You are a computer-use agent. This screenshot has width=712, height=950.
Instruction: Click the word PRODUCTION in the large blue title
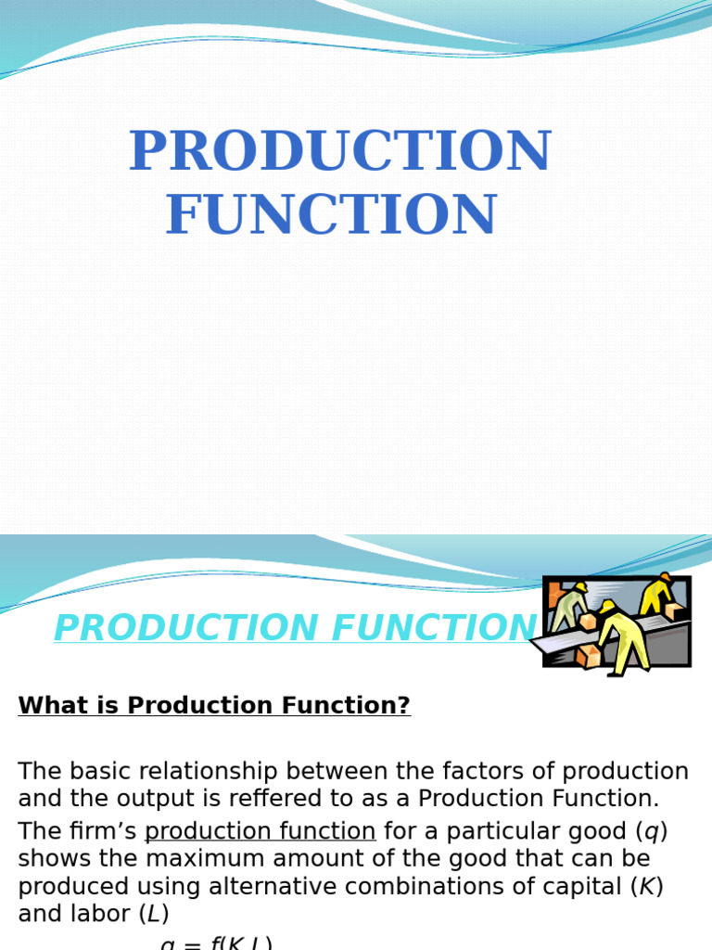[339, 152]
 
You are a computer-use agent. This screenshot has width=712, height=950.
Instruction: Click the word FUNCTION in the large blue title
[332, 215]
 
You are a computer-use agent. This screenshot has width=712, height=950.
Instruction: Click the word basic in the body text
[94, 772]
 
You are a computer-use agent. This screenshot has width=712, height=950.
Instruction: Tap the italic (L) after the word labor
[153, 915]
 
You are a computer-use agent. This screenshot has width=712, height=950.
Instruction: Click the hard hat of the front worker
[608, 607]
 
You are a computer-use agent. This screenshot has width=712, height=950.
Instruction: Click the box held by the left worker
[587, 622]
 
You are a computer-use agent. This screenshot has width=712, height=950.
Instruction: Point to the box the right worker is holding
[675, 610]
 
